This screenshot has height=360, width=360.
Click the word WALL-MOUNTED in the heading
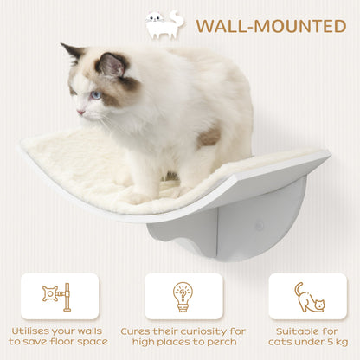pos(270,25)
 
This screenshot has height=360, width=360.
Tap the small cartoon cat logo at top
pos(164,24)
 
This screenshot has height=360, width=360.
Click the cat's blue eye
pos(95,94)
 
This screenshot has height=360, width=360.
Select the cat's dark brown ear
pos(111,64)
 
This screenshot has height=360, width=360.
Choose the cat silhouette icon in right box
pos(308,297)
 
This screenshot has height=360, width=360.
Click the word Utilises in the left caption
pos(34,330)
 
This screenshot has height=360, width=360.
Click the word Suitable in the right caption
pos(298,330)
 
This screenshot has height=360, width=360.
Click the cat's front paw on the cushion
pos(138,197)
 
